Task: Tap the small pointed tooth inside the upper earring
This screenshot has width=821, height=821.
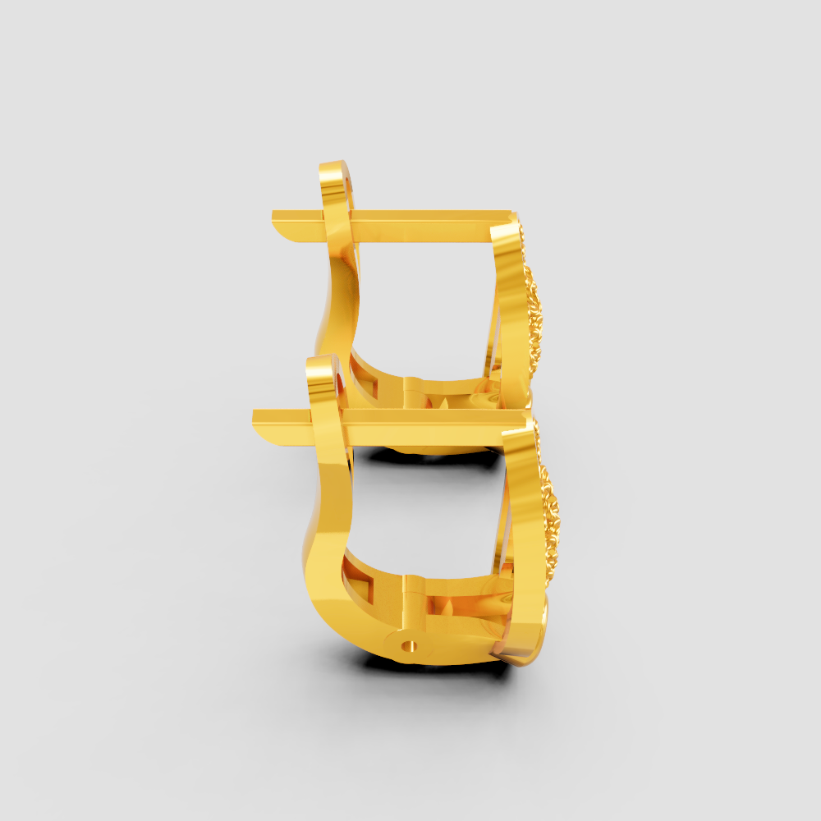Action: (444, 402)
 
